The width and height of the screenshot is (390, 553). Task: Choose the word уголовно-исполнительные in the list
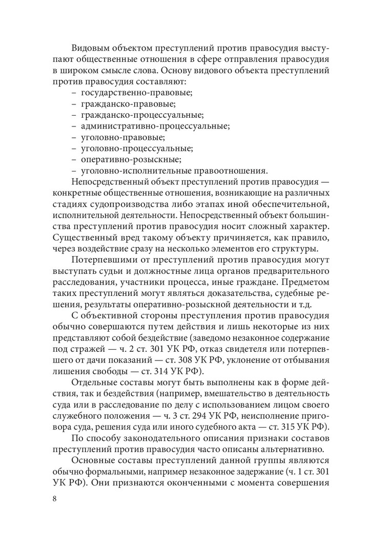(131, 171)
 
